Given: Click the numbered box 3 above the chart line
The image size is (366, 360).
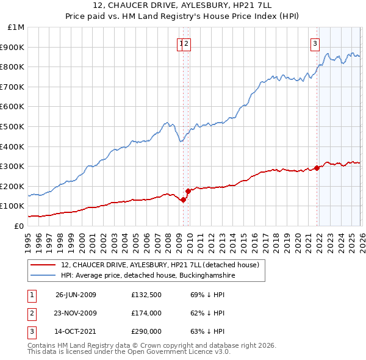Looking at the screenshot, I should (315, 43).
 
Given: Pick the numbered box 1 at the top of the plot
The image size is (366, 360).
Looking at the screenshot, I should (181, 43).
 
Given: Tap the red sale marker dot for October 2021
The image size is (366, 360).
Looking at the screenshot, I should (317, 168).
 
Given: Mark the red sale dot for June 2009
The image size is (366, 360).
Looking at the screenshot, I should (184, 200).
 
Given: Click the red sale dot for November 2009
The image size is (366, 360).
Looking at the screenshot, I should (188, 191).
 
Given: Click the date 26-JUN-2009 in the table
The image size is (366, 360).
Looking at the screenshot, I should (76, 295).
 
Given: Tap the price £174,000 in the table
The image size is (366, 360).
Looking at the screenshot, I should (146, 313).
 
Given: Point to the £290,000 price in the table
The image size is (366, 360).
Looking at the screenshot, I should (146, 331).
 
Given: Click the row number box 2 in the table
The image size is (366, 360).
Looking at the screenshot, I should (31, 313).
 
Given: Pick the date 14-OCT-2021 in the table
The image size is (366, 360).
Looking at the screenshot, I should (76, 331).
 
